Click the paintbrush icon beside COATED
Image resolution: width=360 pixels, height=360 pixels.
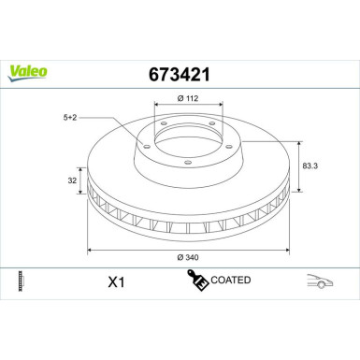(197, 280)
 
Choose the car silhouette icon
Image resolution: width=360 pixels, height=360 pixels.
(321, 281)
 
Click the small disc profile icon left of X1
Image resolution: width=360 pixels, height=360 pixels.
(20, 281)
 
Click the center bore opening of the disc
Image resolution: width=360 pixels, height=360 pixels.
(187, 140)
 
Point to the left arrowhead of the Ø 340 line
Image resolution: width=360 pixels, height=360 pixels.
(90, 250)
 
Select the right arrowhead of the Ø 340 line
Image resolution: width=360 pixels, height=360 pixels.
(284, 250)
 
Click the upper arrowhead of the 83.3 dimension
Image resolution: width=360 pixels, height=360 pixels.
(298, 142)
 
